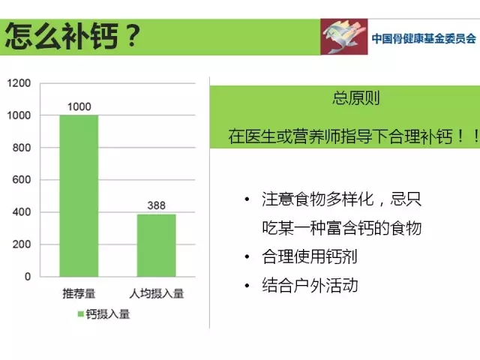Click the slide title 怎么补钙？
73,36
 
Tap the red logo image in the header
344,37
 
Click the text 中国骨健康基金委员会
424,38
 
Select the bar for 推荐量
79,196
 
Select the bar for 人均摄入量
157,245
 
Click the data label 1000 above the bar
79,106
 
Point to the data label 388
157,205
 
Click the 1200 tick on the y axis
19,83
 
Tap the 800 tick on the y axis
22,148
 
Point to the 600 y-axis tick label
22,180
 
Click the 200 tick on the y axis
22,244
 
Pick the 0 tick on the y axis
28,277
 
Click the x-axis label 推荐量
79,293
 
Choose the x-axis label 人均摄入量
157,293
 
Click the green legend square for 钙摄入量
81,314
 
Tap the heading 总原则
356,98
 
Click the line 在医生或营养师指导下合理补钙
340,136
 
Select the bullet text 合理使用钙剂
310,256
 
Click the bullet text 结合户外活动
310,285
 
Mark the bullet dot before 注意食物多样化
247,199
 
